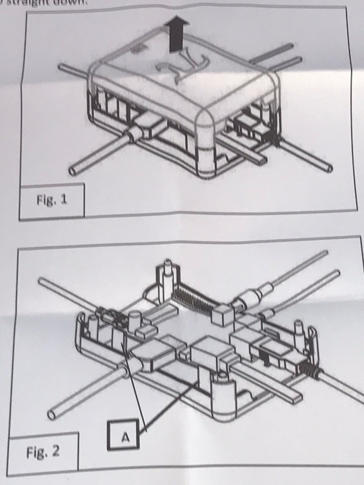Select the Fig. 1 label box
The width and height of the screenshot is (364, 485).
pos(52,200)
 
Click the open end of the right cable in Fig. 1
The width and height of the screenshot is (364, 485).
pos(330,167)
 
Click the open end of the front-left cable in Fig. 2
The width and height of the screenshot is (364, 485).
pos(51,415)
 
